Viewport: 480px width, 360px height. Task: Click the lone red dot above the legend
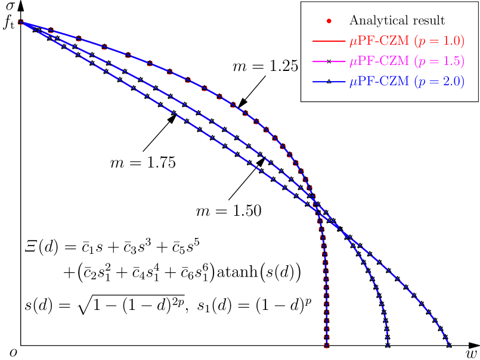pyautogui.click(x=329, y=21)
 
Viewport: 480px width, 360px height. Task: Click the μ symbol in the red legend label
pyautogui.click(x=353, y=43)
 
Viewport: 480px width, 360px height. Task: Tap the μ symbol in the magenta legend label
pyautogui.click(x=353, y=63)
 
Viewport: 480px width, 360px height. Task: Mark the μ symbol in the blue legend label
pyautogui.click(x=353, y=83)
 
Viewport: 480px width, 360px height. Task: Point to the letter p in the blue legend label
pyautogui.click(x=421, y=83)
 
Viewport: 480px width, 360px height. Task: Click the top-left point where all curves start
pyautogui.click(x=21, y=22)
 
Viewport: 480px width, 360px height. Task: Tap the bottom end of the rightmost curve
pyautogui.click(x=448, y=345)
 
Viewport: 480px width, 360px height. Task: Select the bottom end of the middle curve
pyautogui.click(x=388, y=345)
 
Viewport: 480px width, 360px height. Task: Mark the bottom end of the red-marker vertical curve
pyautogui.click(x=327, y=345)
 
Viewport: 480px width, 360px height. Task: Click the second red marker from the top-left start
pyautogui.click(x=51, y=30)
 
